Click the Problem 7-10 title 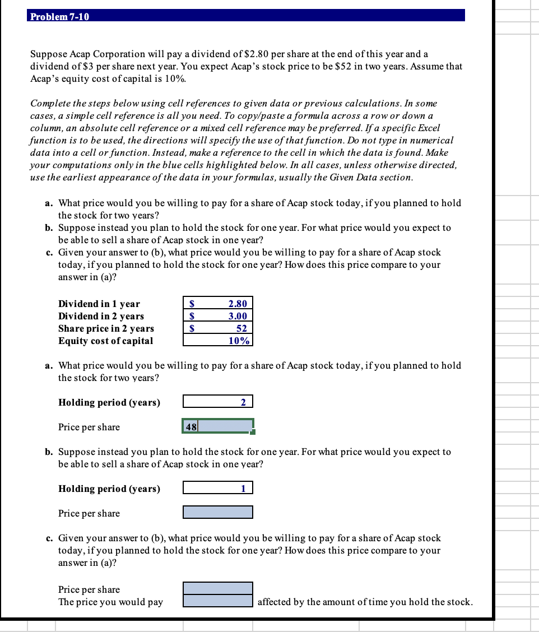59,16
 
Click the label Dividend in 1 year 99,304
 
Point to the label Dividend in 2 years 101,316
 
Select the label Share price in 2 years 106,328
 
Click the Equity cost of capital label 105,341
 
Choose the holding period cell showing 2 218,402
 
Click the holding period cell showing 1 218,488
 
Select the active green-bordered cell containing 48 218,426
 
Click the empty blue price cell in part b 218,512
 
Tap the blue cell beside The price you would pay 218,601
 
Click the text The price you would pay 110,602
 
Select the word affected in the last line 274,602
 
